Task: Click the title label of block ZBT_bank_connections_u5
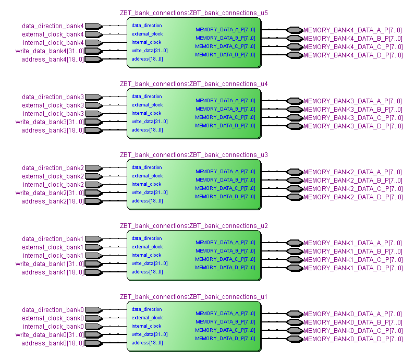193,13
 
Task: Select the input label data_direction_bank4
53,26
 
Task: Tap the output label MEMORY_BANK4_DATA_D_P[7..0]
352,55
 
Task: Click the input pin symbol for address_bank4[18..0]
93,59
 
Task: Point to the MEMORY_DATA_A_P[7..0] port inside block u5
225,30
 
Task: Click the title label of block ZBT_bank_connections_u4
193,84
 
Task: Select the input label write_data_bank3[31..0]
50,122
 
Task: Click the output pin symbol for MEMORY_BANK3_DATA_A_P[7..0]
295,101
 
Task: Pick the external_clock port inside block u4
147,105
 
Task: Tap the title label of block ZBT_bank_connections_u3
193,155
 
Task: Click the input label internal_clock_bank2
53,185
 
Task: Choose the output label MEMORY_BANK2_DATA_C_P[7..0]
352,189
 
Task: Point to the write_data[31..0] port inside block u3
150,193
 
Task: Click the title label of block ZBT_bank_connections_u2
193,226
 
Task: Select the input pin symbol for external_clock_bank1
93,247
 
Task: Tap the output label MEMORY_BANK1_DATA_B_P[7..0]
352,251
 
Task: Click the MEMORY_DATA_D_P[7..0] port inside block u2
225,268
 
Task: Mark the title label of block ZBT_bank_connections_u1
193,297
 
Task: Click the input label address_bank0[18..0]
53,343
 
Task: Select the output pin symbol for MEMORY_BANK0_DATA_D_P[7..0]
295,339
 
